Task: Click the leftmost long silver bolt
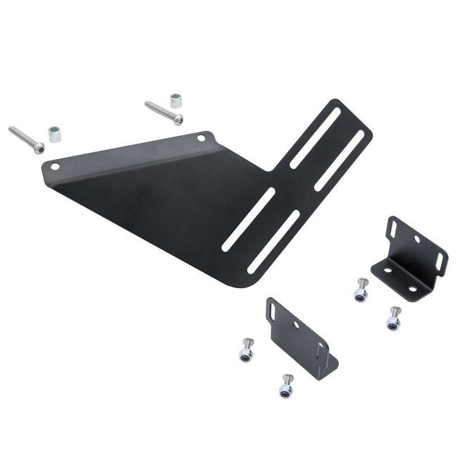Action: (x=25, y=139)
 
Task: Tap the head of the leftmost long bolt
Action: (x=38, y=148)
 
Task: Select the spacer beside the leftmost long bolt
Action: (x=54, y=133)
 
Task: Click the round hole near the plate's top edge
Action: (x=202, y=138)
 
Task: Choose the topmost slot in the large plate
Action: (x=315, y=137)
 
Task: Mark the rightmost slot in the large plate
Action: (x=340, y=160)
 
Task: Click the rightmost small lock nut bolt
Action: (x=393, y=320)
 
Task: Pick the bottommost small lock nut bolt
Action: (x=285, y=386)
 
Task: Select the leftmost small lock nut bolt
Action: (x=247, y=350)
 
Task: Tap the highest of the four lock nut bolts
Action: (x=361, y=290)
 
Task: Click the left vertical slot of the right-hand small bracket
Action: (x=393, y=230)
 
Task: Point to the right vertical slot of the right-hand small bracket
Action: (x=440, y=261)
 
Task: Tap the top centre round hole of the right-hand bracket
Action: (x=417, y=240)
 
